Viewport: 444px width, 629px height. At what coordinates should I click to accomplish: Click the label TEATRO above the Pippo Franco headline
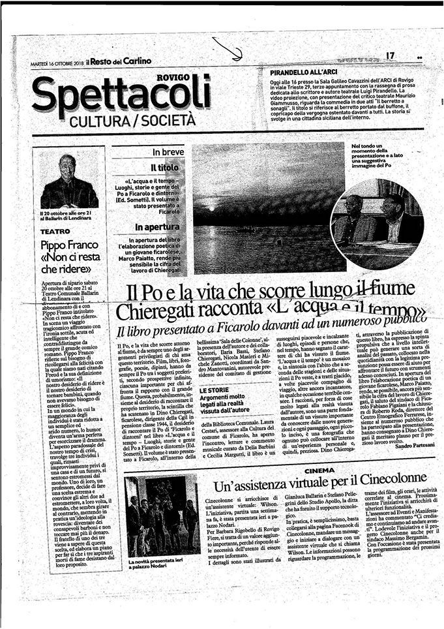pyautogui.click(x=55, y=231)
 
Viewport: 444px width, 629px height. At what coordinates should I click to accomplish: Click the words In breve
pyautogui.click(x=168, y=152)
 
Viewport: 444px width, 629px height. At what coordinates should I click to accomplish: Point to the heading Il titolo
pyautogui.click(x=165, y=168)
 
